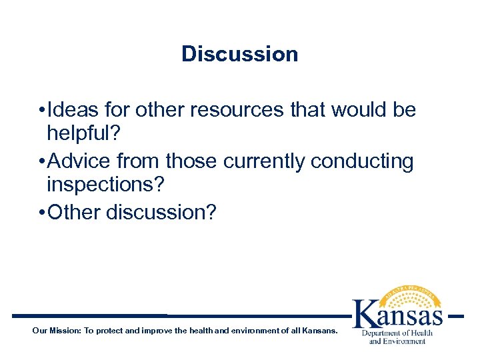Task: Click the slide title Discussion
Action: pos(239,54)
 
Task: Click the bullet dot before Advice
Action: pos(42,161)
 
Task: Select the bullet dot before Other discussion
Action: pos(42,212)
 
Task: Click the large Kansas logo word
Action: pos(397,313)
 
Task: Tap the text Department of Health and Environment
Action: pos(397,337)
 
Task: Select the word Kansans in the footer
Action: pos(320,331)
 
